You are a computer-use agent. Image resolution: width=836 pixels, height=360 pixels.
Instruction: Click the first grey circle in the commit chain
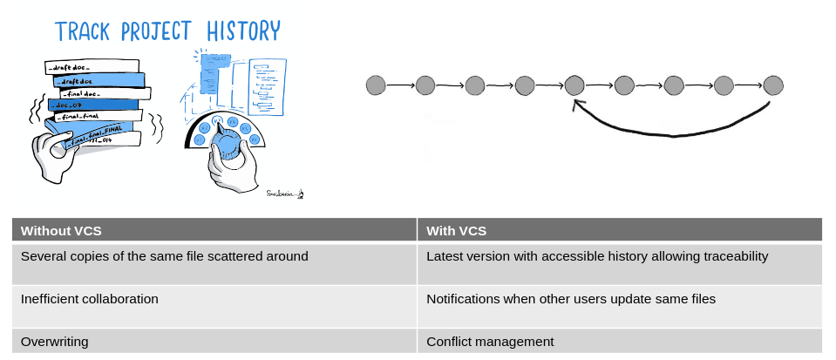point(376,85)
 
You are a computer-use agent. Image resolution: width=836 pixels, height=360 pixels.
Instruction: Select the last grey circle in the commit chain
point(773,85)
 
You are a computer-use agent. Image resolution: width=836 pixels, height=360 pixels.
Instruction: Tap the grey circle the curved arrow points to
point(574,85)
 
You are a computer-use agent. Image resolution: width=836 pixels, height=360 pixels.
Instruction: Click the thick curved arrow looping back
point(671,133)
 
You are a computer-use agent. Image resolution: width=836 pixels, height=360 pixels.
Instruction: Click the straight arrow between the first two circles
point(400,85)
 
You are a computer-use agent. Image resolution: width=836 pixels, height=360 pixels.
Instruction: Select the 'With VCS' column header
point(456,231)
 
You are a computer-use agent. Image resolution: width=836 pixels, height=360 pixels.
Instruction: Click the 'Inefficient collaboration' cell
point(90,299)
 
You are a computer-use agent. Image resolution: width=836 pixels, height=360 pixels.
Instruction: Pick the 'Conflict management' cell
point(490,342)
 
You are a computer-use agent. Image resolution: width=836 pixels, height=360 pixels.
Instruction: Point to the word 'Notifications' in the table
point(463,299)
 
